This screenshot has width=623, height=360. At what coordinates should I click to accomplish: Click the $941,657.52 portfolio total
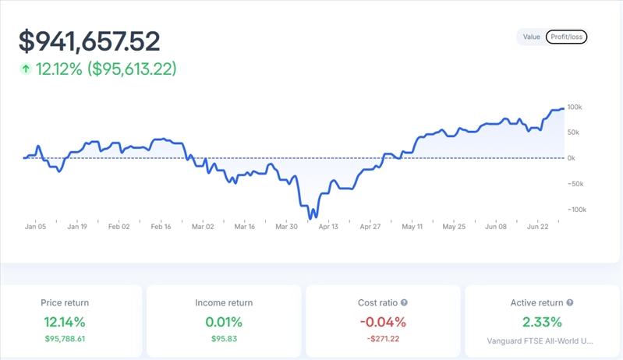click(x=89, y=41)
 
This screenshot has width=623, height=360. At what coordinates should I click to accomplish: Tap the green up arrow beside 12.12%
click(x=26, y=69)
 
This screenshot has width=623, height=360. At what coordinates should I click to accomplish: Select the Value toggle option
click(x=532, y=37)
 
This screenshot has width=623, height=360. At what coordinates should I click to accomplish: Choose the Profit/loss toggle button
click(x=566, y=37)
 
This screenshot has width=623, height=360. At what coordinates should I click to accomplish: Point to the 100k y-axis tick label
click(x=575, y=107)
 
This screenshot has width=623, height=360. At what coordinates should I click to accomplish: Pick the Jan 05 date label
click(x=35, y=227)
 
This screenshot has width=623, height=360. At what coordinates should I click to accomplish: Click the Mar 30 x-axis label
click(x=286, y=227)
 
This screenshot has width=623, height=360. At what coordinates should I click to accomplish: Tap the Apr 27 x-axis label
click(x=370, y=227)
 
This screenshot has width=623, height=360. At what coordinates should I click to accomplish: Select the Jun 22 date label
click(x=538, y=227)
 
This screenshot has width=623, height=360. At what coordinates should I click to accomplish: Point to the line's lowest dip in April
click(x=313, y=217)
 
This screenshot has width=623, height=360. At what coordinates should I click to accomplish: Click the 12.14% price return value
click(x=65, y=321)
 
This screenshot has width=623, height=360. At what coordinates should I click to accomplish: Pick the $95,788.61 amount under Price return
click(x=65, y=339)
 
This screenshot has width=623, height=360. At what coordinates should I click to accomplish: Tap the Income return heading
click(x=224, y=302)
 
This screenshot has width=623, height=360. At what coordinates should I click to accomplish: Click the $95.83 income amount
click(x=224, y=339)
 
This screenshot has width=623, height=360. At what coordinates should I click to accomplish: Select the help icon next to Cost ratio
click(x=404, y=302)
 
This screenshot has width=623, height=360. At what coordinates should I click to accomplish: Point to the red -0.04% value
click(x=382, y=321)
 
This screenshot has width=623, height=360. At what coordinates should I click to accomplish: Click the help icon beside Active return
click(x=570, y=302)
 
